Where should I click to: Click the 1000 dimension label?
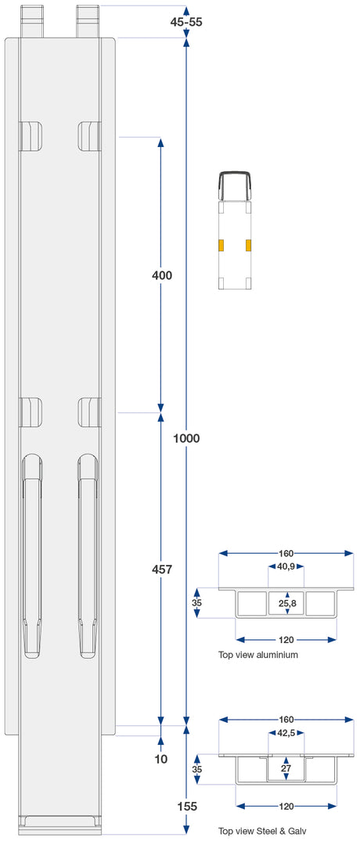point(186,438)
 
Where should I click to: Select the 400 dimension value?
point(161,275)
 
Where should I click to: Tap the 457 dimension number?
point(161,570)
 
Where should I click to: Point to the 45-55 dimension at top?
point(186,22)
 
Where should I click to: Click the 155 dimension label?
point(186,806)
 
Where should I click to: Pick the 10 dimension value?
point(161,759)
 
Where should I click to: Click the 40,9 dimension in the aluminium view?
point(286,567)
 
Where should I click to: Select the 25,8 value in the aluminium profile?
point(287,604)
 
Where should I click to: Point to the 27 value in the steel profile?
point(286,768)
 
